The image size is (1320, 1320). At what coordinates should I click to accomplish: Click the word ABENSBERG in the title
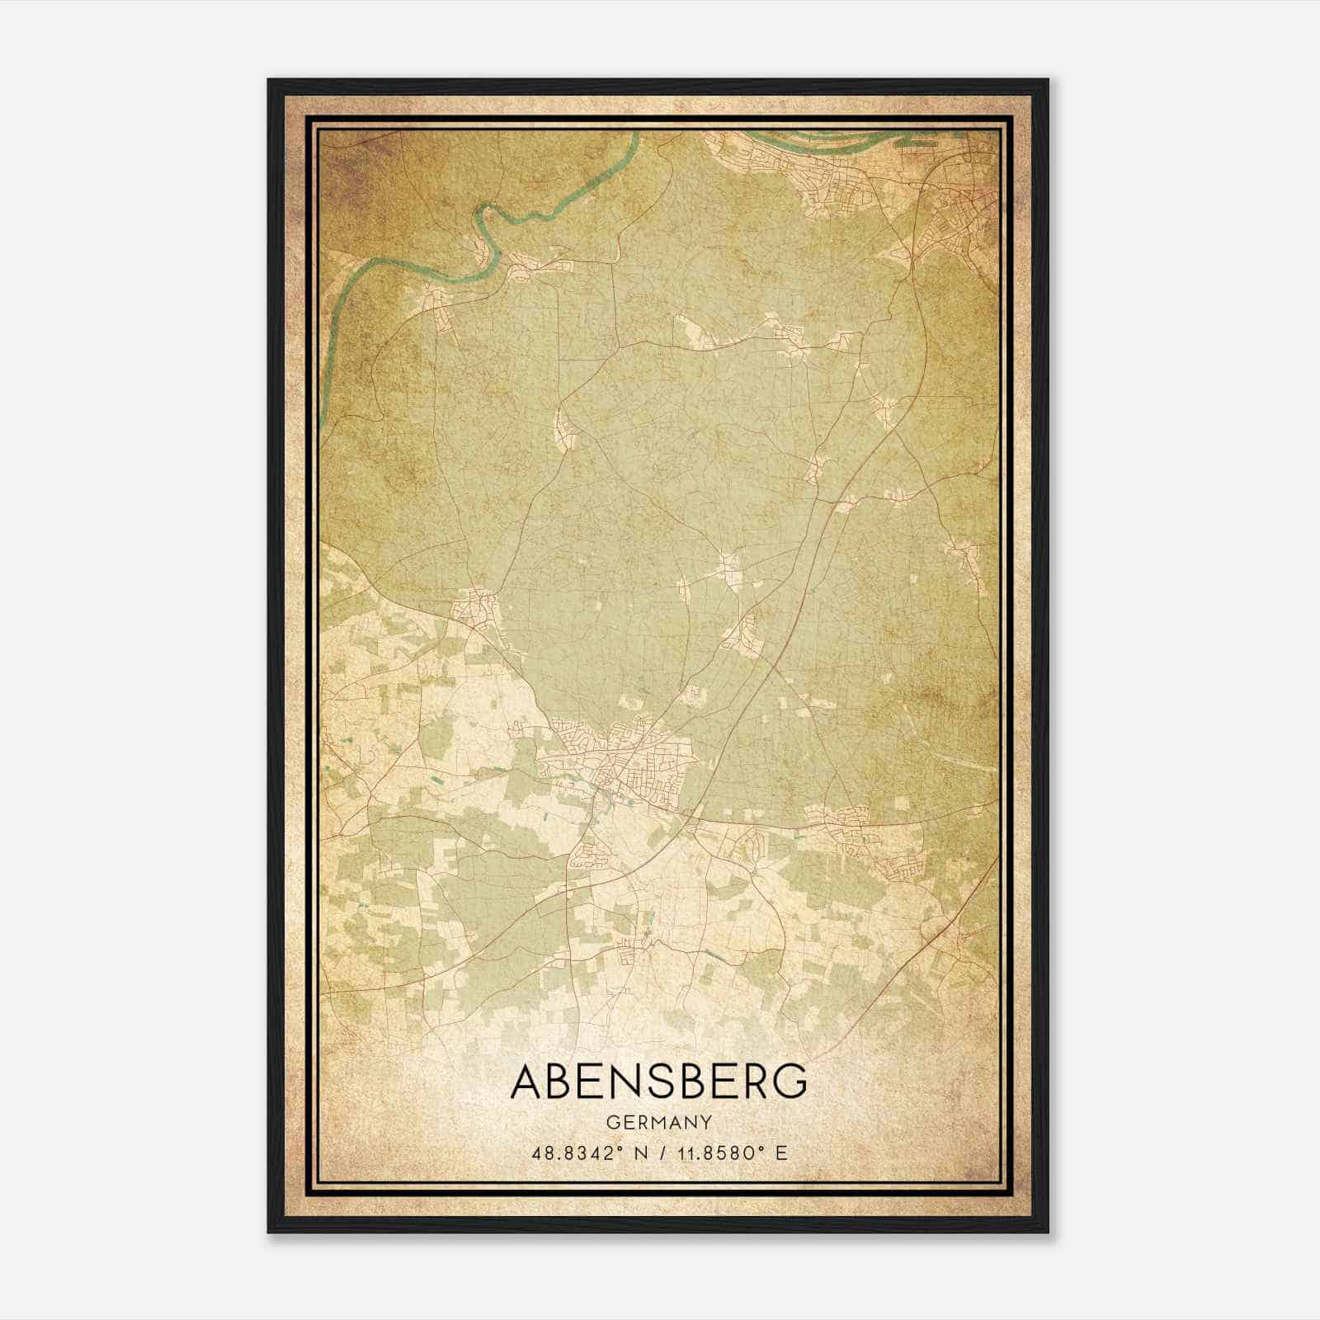[658, 1082]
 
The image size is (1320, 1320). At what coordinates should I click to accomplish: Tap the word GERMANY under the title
[658, 1122]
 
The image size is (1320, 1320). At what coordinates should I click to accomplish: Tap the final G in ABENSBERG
[790, 1082]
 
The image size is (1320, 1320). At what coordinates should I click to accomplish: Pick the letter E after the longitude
[781, 1153]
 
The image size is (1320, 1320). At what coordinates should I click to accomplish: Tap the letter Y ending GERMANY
[705, 1122]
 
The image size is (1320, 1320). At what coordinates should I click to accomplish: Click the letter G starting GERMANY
[611, 1122]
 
